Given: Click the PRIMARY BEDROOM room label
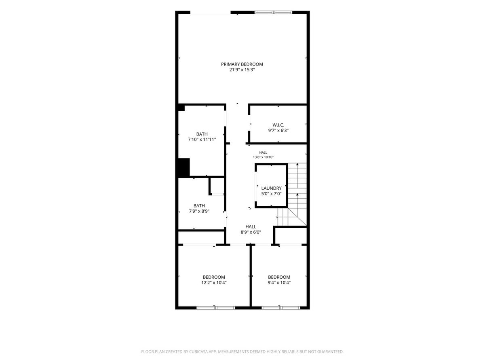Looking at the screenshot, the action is click(242, 64).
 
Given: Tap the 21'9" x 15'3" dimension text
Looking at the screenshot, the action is click(242, 70).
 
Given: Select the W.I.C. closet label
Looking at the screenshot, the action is click(278, 125).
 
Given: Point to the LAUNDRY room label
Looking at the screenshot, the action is click(271, 188).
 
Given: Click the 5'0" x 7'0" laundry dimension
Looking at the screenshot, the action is click(271, 194).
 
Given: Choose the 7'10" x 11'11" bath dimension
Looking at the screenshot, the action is click(202, 140).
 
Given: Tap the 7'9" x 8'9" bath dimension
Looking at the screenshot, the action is click(199, 211).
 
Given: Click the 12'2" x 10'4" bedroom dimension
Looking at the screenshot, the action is click(214, 282).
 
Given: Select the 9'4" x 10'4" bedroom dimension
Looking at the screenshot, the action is click(279, 282).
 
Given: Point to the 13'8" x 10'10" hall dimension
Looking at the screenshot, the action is click(263, 157).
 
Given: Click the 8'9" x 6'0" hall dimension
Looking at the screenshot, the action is click(251, 232).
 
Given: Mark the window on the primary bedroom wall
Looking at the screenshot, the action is click(273, 13).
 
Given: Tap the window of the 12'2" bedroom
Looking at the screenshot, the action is click(216, 308).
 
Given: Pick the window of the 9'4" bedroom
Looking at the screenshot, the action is click(281, 308).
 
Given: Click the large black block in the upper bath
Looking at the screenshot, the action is click(184, 167).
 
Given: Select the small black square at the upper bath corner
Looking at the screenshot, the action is click(181, 108).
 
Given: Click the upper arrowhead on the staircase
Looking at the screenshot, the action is click(297, 164).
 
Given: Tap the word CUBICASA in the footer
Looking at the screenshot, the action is click(198, 351).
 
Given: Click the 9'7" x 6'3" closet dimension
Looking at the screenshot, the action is click(278, 130).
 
